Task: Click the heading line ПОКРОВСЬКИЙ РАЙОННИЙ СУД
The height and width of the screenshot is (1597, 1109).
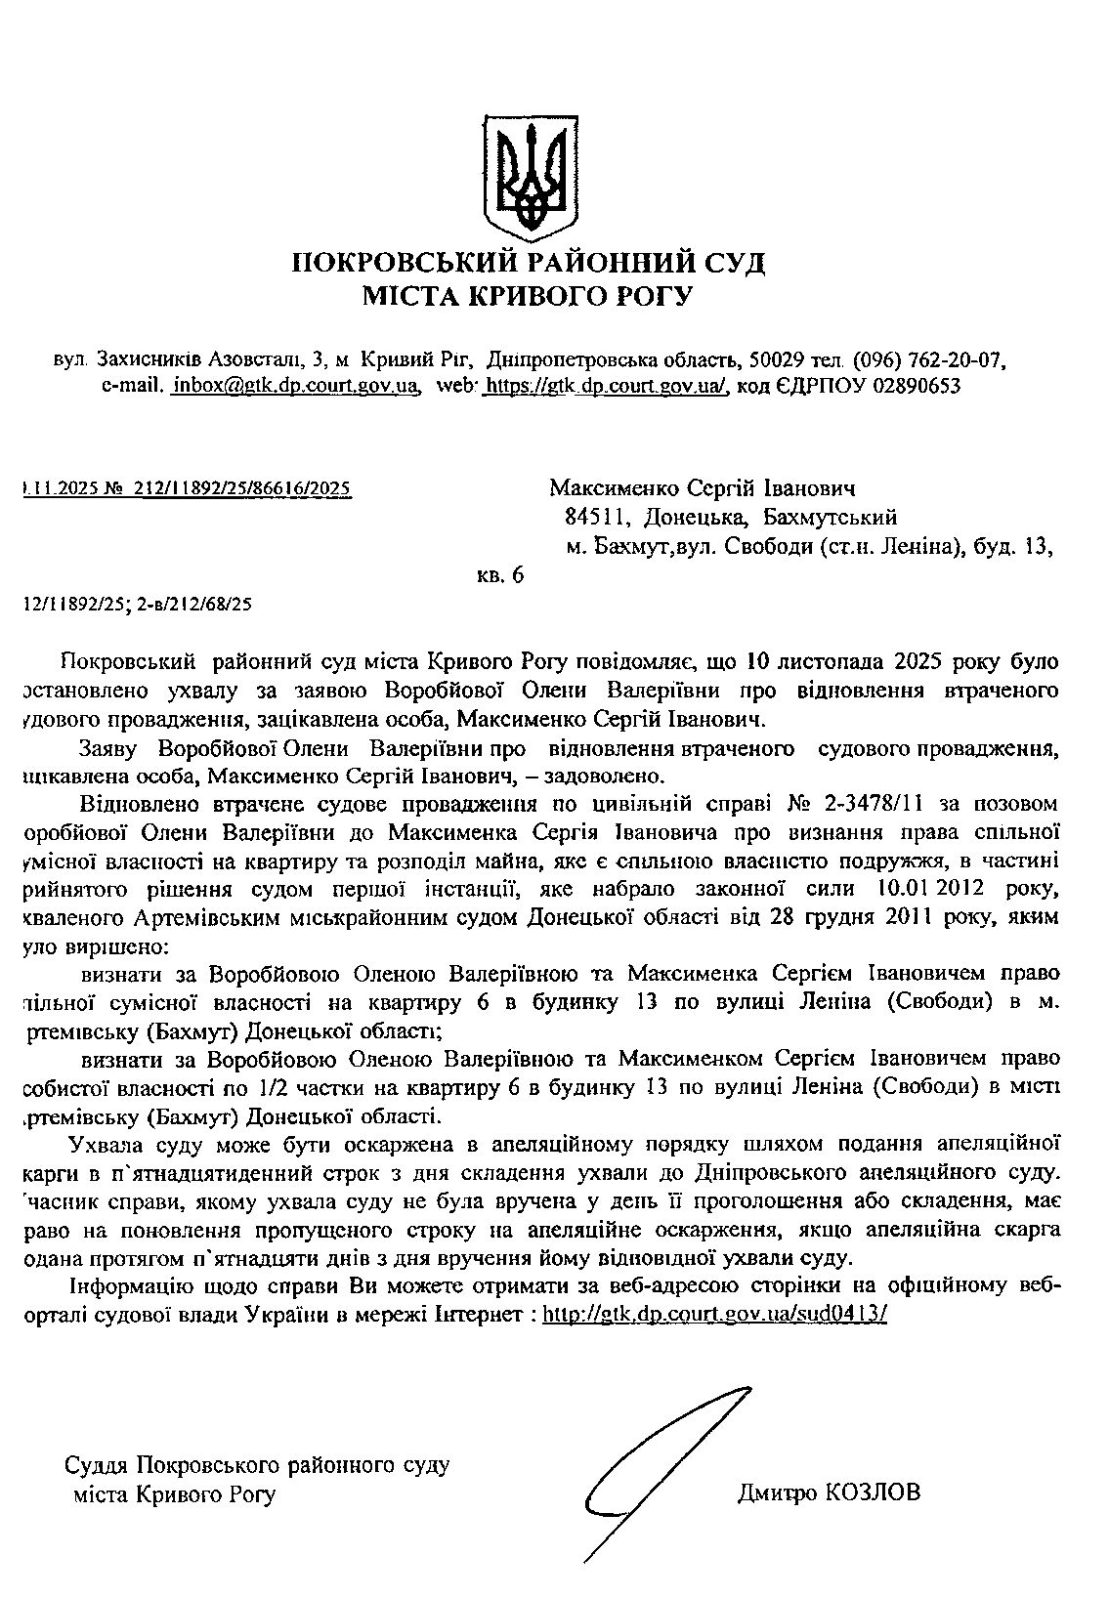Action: pyautogui.click(x=530, y=263)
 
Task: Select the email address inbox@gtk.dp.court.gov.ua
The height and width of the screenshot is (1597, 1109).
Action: pyautogui.click(x=295, y=386)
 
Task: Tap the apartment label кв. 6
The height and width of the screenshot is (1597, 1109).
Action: pyautogui.click(x=500, y=575)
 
